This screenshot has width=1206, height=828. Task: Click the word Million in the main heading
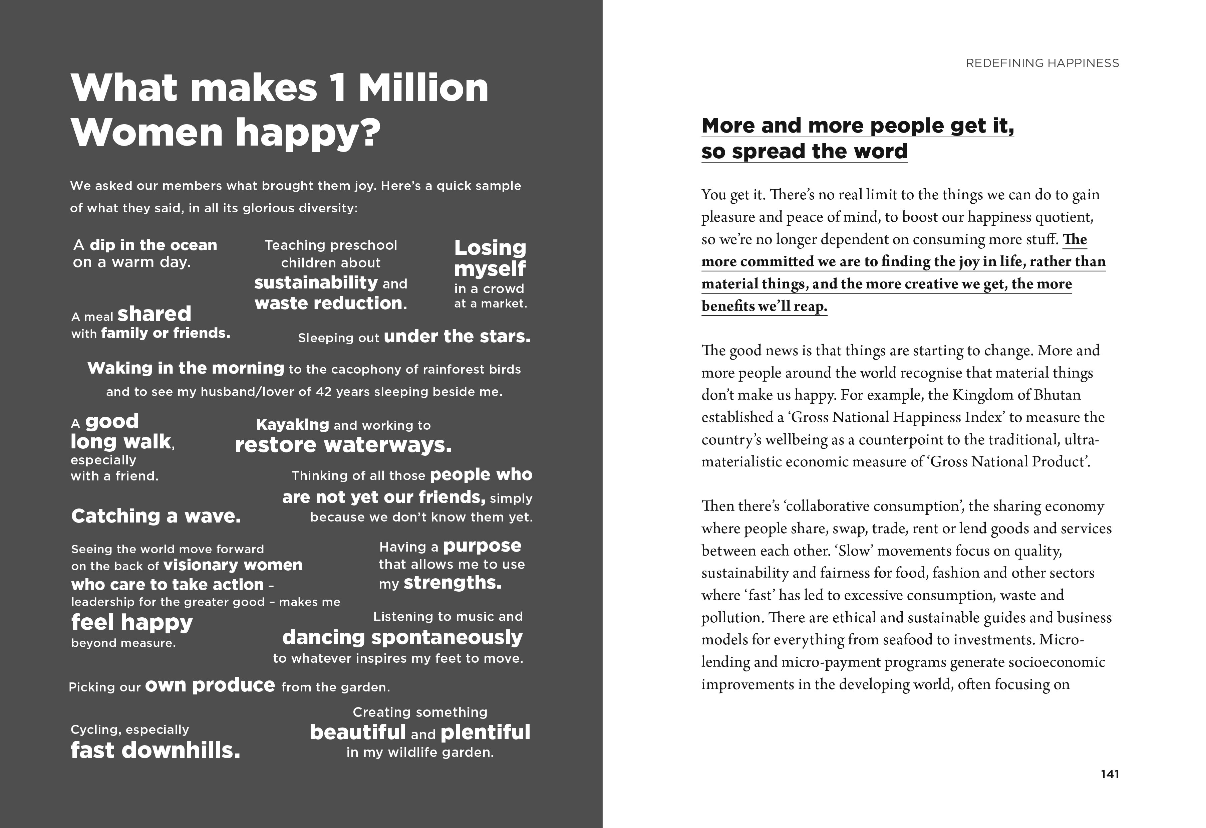pyautogui.click(x=423, y=88)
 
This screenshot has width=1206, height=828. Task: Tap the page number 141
pyautogui.click(x=1110, y=774)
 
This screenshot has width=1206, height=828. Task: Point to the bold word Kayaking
pyautogui.click(x=293, y=425)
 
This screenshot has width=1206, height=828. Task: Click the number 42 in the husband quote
pyautogui.click(x=324, y=392)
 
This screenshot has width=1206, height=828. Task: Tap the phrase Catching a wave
pyautogui.click(x=156, y=516)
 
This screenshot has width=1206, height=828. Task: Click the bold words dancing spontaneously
pyautogui.click(x=402, y=637)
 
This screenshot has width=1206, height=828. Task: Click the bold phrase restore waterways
pyautogui.click(x=343, y=445)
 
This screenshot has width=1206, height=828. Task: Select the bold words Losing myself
pyautogui.click(x=490, y=258)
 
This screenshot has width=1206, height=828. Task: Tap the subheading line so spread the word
pyautogui.click(x=804, y=152)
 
